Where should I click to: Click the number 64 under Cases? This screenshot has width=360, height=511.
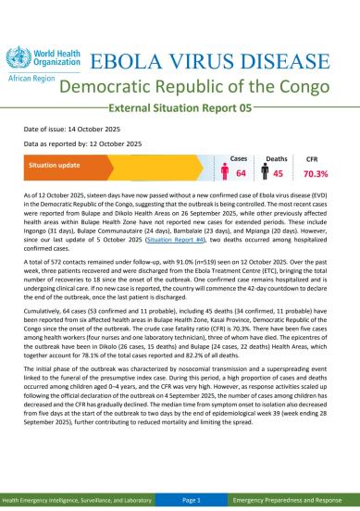[x=241, y=173]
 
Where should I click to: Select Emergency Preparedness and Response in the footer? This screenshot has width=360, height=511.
[x=292, y=500]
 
